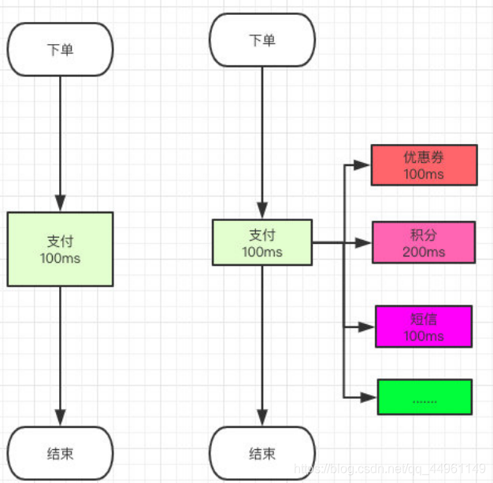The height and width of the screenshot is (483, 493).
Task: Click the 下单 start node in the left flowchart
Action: (x=60, y=49)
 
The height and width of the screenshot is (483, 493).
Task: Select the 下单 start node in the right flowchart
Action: (x=262, y=40)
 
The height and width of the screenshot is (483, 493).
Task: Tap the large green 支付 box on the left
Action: (x=60, y=249)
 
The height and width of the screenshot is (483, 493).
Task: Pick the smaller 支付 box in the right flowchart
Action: (x=262, y=242)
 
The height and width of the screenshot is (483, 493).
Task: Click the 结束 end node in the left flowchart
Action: (x=60, y=454)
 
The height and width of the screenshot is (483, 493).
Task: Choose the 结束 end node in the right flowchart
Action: (x=262, y=454)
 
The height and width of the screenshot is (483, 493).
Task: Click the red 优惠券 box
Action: (x=424, y=165)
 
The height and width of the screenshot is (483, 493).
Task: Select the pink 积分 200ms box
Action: (x=424, y=242)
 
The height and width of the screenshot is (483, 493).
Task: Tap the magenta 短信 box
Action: (x=424, y=326)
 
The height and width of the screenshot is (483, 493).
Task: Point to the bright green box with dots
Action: (x=424, y=397)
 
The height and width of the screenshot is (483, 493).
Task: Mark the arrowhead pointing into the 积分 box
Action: (x=363, y=243)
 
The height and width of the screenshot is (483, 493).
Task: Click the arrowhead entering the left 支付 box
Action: (x=60, y=204)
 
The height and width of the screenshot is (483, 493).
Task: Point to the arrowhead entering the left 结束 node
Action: (x=60, y=418)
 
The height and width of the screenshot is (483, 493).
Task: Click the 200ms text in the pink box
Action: (x=424, y=252)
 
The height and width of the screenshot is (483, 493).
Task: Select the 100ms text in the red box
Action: (x=424, y=174)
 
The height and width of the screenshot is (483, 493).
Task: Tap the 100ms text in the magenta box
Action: (x=424, y=336)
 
